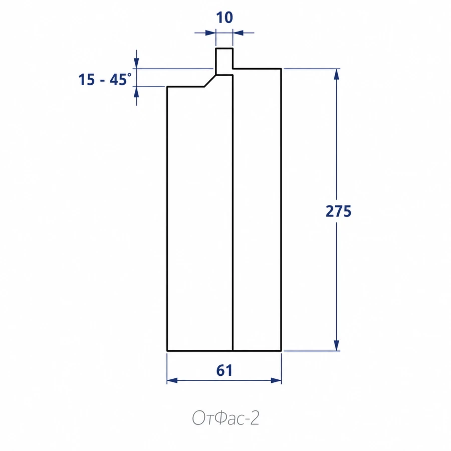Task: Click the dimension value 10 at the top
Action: tap(224, 18)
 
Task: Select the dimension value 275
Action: tap(338, 211)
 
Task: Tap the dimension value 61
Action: tap(224, 370)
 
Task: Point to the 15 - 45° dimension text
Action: tap(105, 79)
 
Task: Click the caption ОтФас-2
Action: tap(225, 418)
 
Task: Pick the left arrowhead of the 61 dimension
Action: tap(172, 380)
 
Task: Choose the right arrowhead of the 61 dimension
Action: tap(276, 380)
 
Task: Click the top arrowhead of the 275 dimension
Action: tap(336, 74)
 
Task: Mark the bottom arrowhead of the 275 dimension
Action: tap(336, 345)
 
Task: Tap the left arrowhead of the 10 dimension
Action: tap(210, 33)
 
